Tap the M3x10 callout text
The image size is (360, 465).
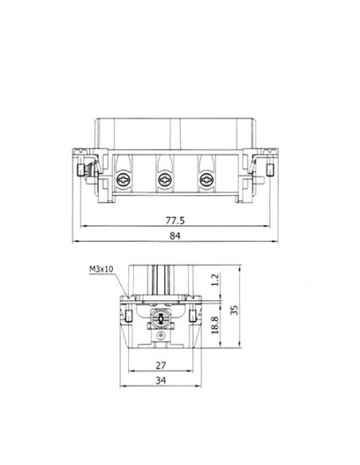pos(102,270)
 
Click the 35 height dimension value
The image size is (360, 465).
pos(234,310)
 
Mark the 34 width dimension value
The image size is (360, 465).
pos(162,381)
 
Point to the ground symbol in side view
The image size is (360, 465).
pos(162,338)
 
